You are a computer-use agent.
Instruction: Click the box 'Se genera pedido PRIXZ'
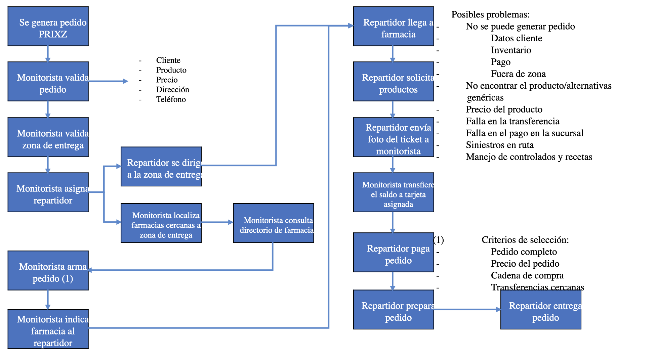coord(48,27)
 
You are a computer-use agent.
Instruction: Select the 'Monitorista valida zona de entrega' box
coord(48,137)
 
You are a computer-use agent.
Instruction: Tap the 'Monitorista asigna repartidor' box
coord(48,192)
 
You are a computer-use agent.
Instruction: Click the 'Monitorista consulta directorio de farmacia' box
coord(274,223)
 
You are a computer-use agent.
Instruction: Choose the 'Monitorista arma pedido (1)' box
coord(48,271)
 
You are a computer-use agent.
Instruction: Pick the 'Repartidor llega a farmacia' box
coord(394,27)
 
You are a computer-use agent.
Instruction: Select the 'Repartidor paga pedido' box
coord(394,253)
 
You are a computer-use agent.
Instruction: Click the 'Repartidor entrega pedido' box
coord(541,310)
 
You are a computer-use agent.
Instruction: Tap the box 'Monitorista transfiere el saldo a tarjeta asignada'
coord(394,192)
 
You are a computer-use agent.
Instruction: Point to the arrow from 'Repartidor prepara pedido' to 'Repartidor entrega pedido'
coord(467,310)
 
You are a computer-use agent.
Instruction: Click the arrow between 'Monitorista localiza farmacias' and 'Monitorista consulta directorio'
coord(217,222)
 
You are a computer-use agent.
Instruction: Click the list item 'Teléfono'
coord(171,99)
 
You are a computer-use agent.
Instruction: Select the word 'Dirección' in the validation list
coord(172,90)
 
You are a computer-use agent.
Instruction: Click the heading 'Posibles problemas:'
coord(490,14)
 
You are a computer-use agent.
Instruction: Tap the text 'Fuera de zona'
coord(518,74)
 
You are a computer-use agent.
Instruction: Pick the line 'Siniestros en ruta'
coord(500,145)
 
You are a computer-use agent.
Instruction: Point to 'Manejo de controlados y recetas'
coord(529,157)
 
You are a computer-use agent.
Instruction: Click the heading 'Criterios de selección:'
coord(525,240)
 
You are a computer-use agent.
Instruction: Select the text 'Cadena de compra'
coord(527,275)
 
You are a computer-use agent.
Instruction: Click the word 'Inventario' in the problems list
coord(511,50)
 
